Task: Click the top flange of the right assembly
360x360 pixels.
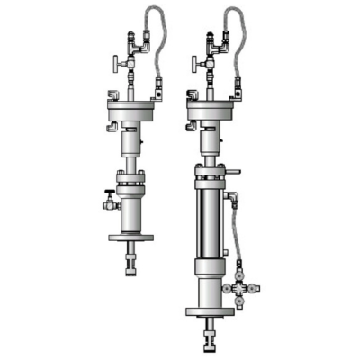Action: tap(213, 113)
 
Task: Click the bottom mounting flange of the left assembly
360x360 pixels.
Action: tap(131, 238)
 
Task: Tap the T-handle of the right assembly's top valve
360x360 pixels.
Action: tap(194, 64)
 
